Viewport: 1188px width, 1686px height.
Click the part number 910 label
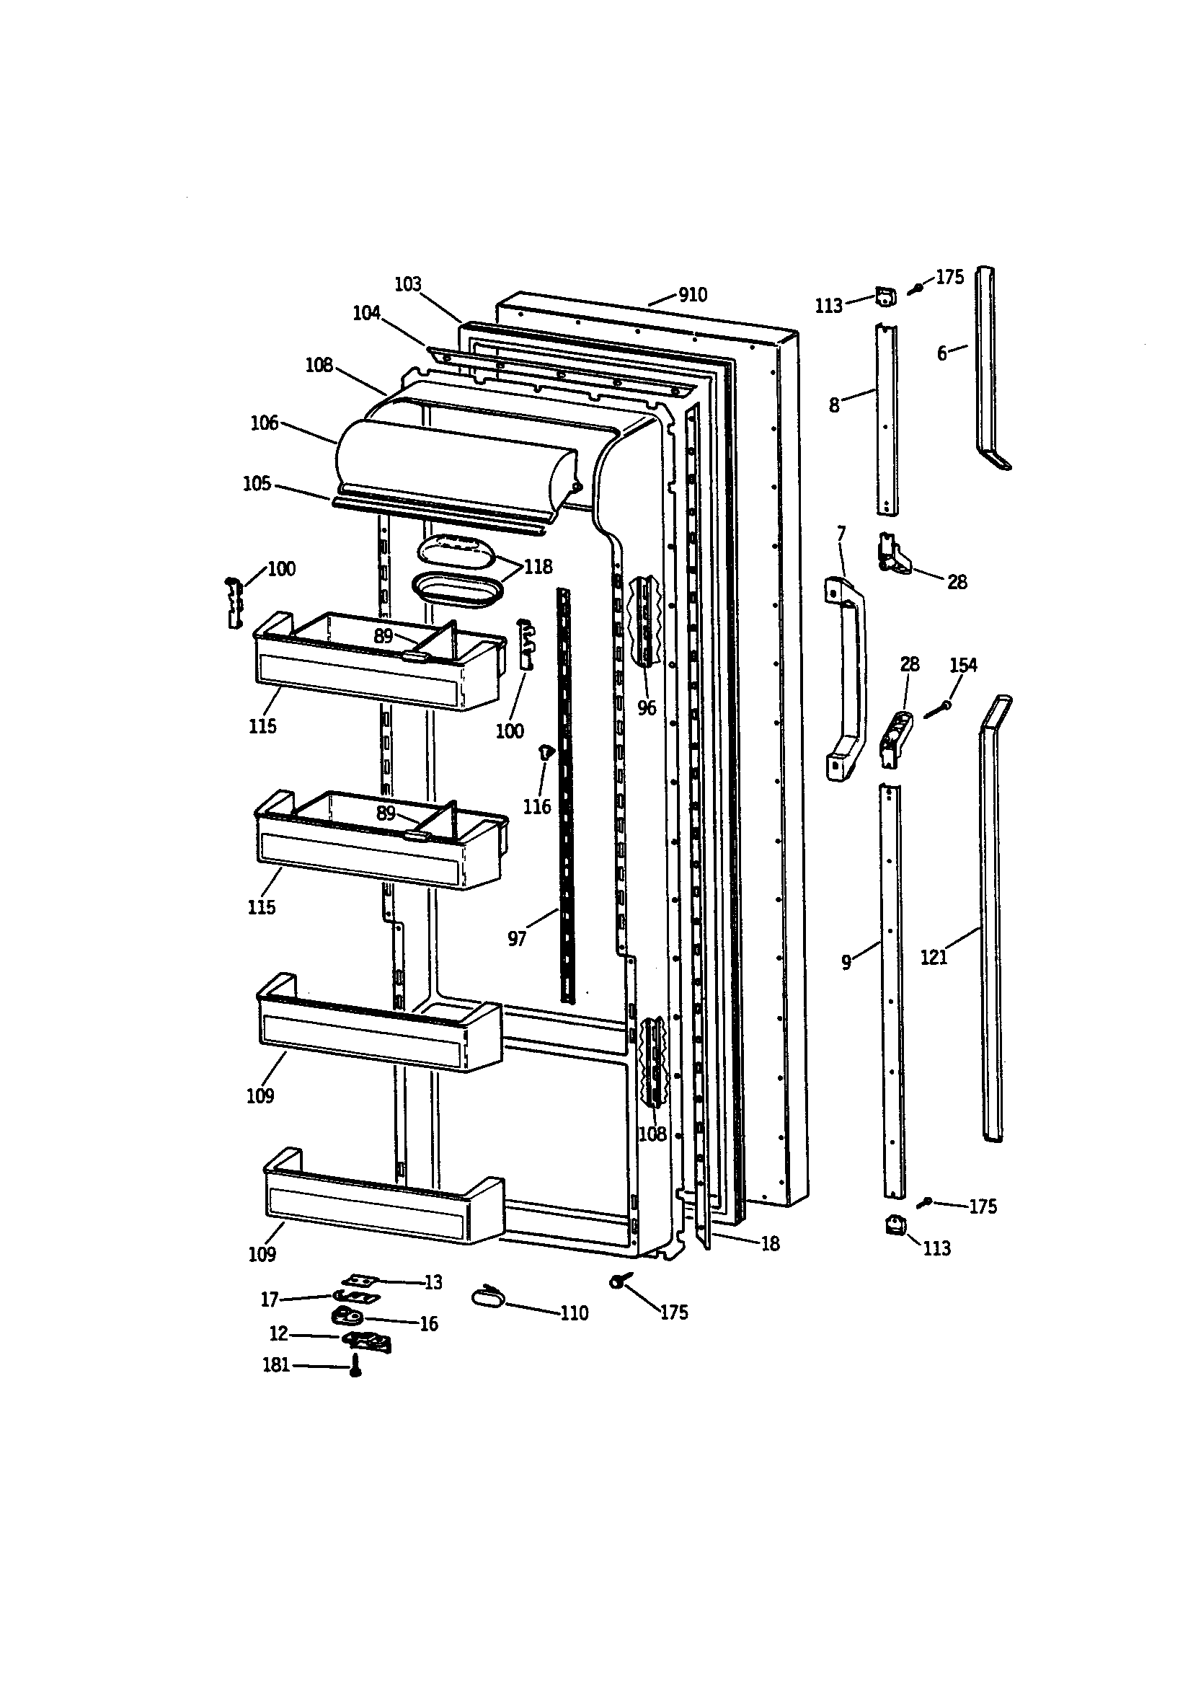click(692, 295)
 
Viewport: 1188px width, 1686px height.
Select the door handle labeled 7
click(847, 680)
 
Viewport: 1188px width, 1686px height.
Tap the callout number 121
click(934, 958)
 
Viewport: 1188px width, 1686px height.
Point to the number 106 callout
click(265, 423)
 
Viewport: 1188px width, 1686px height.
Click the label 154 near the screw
click(963, 666)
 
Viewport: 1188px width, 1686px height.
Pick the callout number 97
click(517, 939)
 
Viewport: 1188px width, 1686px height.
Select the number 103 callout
click(408, 284)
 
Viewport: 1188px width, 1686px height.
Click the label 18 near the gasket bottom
click(769, 1244)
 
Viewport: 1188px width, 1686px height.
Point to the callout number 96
click(647, 709)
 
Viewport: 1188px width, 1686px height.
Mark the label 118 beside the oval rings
click(538, 567)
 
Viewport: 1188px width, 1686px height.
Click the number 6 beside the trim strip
click(942, 354)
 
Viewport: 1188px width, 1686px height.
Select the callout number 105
click(257, 484)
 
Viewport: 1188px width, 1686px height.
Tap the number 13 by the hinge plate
click(433, 1282)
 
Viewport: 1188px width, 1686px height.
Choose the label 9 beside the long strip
click(846, 962)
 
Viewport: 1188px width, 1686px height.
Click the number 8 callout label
click(834, 405)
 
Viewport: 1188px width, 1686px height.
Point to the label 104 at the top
click(366, 313)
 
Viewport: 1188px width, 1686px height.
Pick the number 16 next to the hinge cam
click(428, 1324)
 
